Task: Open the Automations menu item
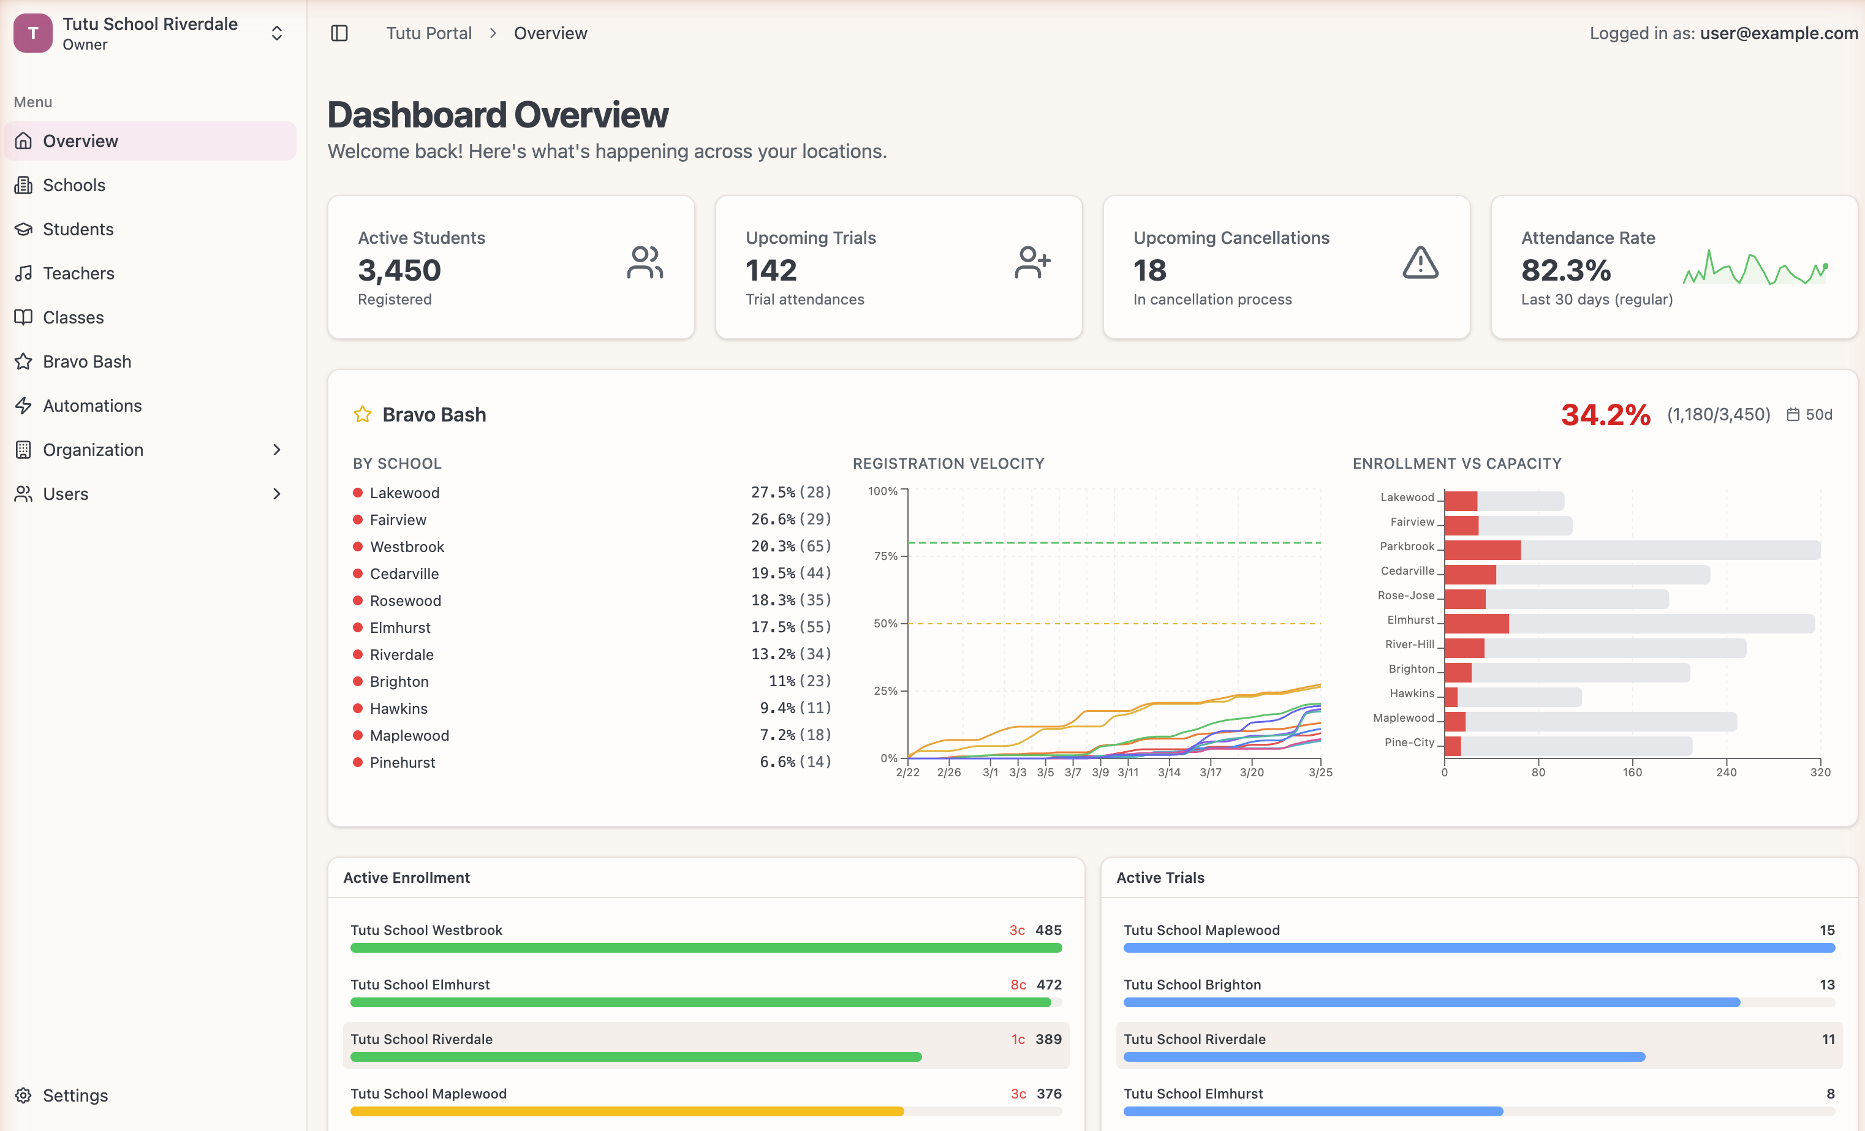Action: click(x=91, y=406)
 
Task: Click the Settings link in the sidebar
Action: click(x=74, y=1095)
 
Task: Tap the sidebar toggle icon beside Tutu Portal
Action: click(x=339, y=33)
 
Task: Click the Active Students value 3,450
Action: click(x=399, y=270)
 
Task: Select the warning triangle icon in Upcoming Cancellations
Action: click(x=1420, y=263)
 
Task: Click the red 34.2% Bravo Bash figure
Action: click(x=1605, y=415)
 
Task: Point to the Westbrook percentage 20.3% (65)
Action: click(x=790, y=546)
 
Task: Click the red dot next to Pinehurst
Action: click(x=358, y=762)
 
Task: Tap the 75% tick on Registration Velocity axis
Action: click(x=885, y=556)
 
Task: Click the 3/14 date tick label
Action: click(x=1168, y=772)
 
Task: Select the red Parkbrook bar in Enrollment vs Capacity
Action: click(x=1481, y=550)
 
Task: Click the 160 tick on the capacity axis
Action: click(x=1632, y=772)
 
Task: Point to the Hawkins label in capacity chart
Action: click(x=1411, y=694)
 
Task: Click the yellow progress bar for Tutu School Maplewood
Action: click(x=627, y=1111)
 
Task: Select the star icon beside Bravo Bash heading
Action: click(x=363, y=415)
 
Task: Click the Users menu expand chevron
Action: click(x=276, y=494)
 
